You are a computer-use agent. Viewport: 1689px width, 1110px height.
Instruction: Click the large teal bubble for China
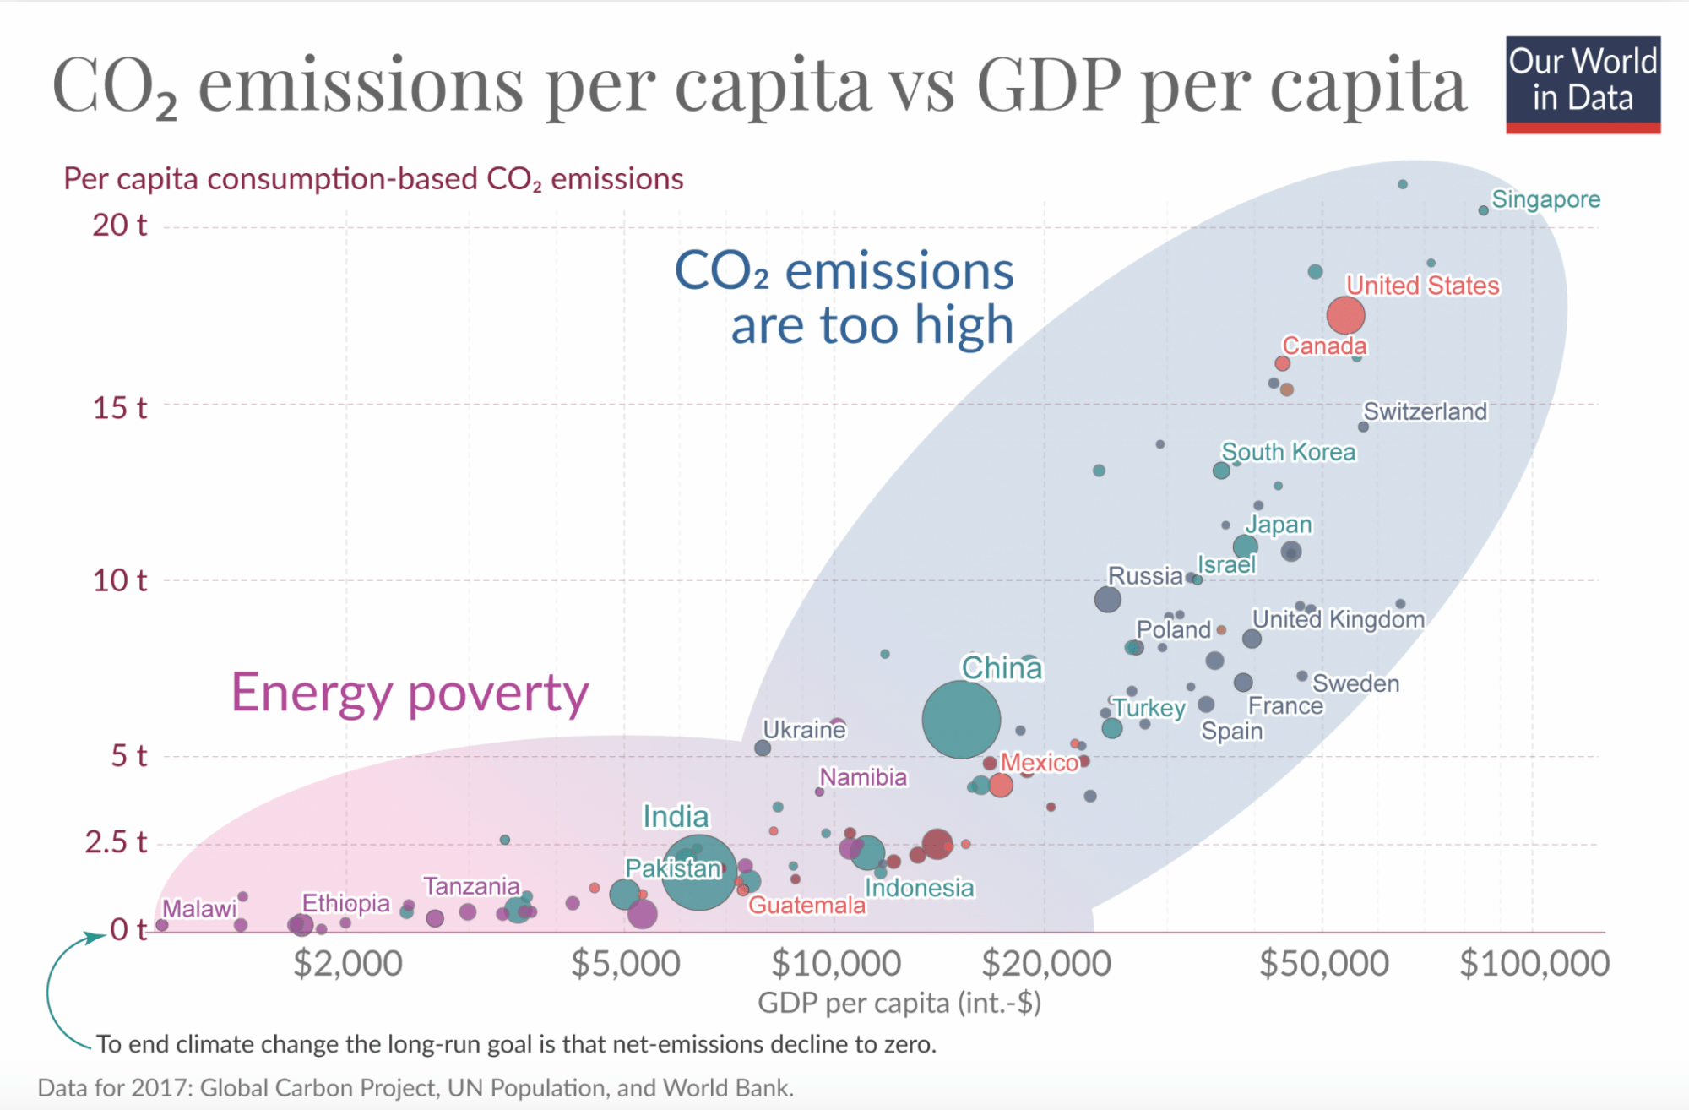(961, 719)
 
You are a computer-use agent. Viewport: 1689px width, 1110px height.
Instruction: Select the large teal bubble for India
(698, 872)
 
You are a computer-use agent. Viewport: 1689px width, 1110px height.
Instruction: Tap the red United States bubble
(1345, 315)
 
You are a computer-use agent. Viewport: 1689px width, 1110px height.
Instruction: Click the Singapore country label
(1545, 199)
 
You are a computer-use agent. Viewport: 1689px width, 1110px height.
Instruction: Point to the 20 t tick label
(119, 226)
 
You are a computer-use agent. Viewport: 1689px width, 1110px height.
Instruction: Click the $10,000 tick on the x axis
(835, 963)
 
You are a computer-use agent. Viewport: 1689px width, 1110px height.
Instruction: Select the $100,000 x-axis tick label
(1534, 963)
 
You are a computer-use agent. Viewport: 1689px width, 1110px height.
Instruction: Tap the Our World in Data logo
(1583, 83)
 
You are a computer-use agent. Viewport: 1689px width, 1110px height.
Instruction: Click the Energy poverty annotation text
(410, 693)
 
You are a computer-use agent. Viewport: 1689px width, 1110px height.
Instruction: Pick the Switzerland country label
(1425, 411)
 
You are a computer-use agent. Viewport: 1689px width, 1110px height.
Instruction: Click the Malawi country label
(199, 909)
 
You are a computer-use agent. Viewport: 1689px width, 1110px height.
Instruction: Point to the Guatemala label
(806, 906)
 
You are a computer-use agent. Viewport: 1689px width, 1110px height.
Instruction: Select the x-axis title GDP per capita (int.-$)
(899, 1003)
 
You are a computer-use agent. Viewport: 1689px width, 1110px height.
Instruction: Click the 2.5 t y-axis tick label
(116, 842)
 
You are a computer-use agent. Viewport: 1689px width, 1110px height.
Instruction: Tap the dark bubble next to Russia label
(1107, 599)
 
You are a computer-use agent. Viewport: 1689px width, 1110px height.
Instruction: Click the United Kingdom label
(1338, 619)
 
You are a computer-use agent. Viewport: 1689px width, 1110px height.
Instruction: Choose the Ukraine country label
(804, 729)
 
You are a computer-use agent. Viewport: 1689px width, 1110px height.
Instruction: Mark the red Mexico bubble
(1001, 785)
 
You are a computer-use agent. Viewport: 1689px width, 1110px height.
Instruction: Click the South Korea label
(1288, 452)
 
